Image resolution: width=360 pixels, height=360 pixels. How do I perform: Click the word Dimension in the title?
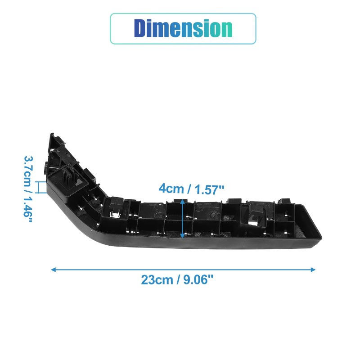click(183, 28)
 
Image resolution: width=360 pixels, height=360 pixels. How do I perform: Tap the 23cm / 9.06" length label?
click(177, 280)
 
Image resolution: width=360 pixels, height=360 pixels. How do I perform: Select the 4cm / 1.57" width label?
click(191, 189)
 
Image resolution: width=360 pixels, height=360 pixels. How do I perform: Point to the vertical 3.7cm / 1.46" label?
click(28, 189)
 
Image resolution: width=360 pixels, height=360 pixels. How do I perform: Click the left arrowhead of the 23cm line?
click(53, 270)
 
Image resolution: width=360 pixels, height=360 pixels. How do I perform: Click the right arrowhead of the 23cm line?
click(313, 270)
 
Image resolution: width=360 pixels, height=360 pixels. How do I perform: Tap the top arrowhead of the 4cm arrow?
click(182, 201)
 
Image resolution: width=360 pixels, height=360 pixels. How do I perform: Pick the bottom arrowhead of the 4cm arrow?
click(182, 235)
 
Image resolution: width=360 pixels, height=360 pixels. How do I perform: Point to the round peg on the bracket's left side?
click(46, 167)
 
